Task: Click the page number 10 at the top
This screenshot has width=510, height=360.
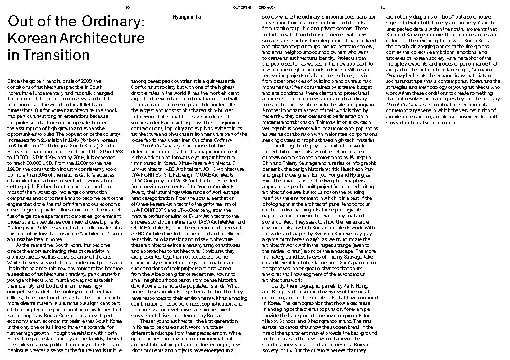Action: point(127,8)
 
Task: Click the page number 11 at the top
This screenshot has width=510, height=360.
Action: point(382,8)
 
